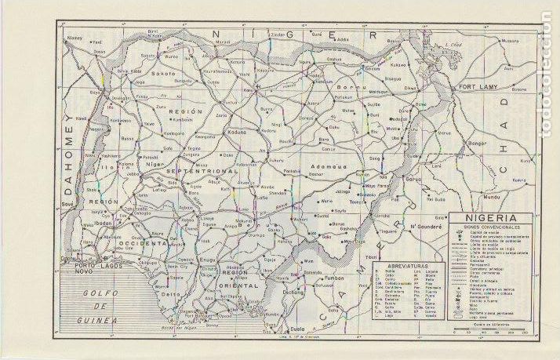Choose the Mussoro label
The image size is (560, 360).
point(509,39)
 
